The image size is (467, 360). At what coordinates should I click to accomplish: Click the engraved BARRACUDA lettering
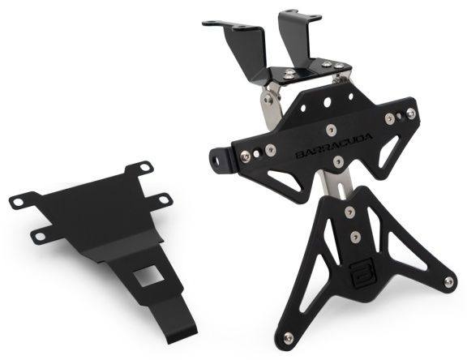coord(334,146)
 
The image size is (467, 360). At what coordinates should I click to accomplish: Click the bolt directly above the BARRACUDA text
coord(331,130)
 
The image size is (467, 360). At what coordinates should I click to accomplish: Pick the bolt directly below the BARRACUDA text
coord(338,161)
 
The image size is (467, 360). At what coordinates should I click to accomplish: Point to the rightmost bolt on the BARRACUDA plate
coord(411,114)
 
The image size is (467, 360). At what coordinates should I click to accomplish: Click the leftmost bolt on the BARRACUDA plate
coord(245,156)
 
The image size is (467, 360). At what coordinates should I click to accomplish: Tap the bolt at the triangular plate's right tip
coord(448,281)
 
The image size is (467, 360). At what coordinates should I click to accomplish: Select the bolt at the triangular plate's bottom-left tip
coord(288,337)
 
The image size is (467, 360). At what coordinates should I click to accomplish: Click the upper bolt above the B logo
coord(349,212)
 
